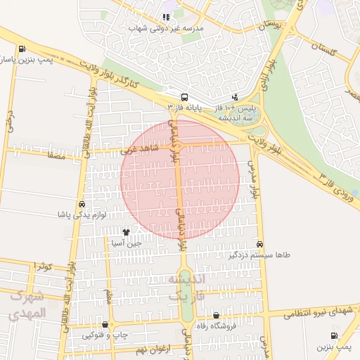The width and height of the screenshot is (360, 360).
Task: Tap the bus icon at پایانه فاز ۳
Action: [184, 97]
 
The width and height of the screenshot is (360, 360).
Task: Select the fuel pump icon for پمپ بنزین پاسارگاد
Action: [22, 49]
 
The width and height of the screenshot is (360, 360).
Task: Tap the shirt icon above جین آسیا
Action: [127, 232]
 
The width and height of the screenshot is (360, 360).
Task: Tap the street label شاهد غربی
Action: [134, 149]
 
